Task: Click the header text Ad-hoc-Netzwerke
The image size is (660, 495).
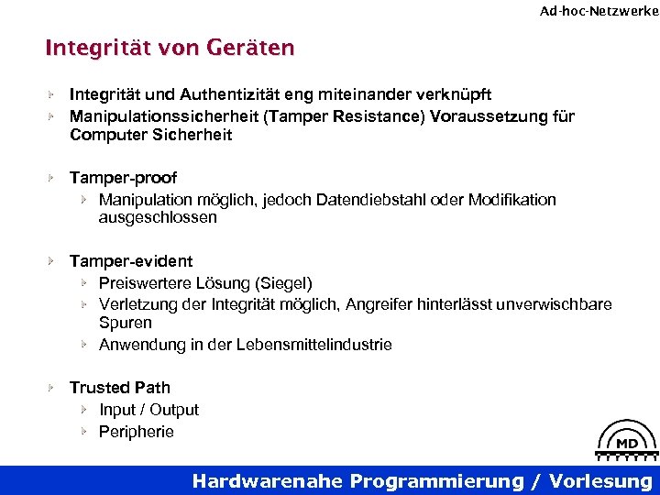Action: point(599,11)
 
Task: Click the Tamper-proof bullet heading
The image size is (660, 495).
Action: point(123,177)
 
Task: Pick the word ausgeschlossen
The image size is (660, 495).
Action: point(158,218)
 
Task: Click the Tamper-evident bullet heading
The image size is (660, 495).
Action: point(131,261)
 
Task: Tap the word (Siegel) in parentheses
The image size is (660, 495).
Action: point(284,283)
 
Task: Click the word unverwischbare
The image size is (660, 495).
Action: point(560,303)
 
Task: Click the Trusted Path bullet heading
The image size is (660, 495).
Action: point(120,388)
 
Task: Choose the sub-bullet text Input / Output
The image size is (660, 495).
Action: point(148,410)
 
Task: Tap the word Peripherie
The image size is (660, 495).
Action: point(137,432)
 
